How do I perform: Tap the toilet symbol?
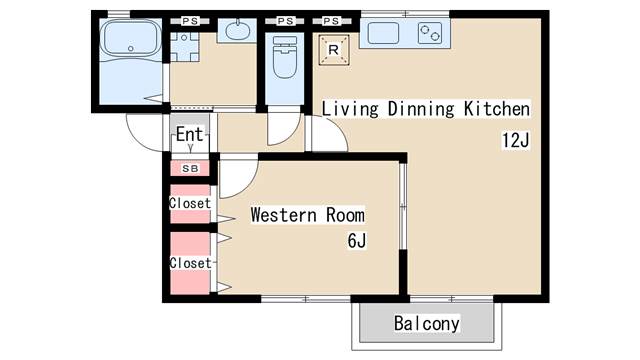click(x=284, y=57)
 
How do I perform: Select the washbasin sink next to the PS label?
click(x=237, y=30)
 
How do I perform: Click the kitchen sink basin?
click(x=383, y=33)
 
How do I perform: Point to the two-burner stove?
click(x=430, y=33)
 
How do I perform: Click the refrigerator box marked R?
click(x=334, y=50)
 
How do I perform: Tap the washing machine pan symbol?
click(x=184, y=47)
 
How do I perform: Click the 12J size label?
click(x=516, y=140)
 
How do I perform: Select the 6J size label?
click(x=357, y=240)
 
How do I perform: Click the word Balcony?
click(x=427, y=324)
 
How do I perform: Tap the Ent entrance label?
click(x=189, y=134)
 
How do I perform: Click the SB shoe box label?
click(x=190, y=168)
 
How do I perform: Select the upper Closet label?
click(x=190, y=203)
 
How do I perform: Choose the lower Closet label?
click(x=190, y=263)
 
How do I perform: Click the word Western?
click(x=284, y=215)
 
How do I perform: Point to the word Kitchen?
click(x=497, y=109)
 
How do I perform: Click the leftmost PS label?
click(x=190, y=21)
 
